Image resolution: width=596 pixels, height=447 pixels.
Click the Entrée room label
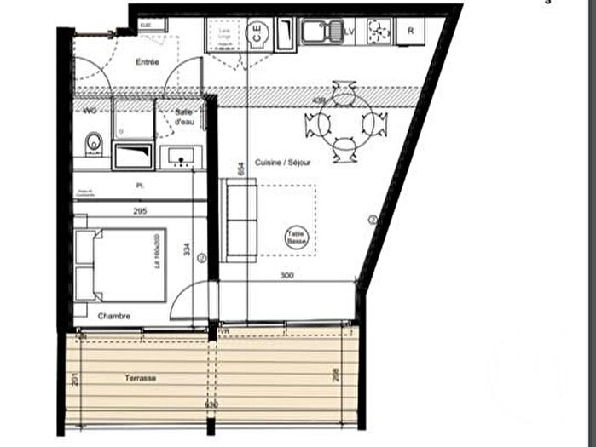point(147,62)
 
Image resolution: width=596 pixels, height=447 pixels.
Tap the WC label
point(90,111)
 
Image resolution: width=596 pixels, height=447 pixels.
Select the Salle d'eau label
point(185,117)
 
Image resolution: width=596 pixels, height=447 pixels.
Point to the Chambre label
point(113,316)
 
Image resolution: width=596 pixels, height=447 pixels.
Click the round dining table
point(344,124)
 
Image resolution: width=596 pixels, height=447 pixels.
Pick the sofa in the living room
point(239,220)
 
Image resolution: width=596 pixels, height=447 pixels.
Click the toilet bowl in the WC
point(93,142)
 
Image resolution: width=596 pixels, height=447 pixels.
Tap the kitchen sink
point(320,31)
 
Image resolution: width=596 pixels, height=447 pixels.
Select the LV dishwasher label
point(348,32)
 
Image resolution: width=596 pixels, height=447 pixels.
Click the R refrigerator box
point(411,31)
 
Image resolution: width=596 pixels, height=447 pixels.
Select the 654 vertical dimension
point(242,169)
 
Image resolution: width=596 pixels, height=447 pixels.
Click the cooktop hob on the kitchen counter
point(379,31)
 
